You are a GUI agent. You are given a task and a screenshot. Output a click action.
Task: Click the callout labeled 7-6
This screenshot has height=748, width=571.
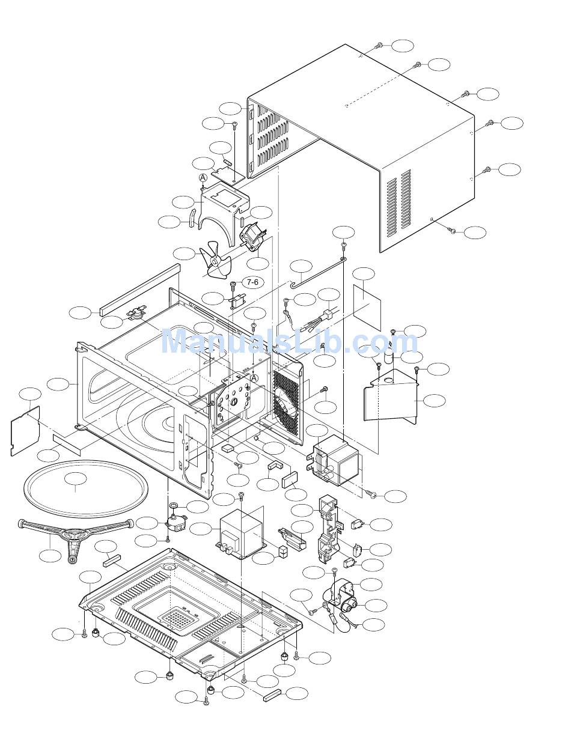tap(252, 282)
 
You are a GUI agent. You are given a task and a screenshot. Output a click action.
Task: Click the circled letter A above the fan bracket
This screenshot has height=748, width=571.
tap(203, 178)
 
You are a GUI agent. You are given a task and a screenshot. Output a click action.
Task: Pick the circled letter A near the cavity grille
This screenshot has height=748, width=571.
tap(254, 377)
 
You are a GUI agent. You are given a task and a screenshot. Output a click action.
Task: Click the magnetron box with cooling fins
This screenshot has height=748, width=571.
tap(336, 460)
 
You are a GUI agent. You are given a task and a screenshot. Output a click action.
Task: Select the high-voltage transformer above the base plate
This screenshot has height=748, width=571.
tap(242, 534)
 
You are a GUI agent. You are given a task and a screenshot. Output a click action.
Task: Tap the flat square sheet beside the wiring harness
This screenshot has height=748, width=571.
tap(367, 308)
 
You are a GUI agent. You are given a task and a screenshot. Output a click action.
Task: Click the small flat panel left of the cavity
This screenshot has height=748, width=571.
tap(25, 431)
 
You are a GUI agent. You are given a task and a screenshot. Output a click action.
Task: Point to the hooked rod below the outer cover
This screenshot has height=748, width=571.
tap(319, 271)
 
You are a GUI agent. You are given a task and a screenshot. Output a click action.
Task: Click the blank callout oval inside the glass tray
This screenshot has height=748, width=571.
tap(76, 478)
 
